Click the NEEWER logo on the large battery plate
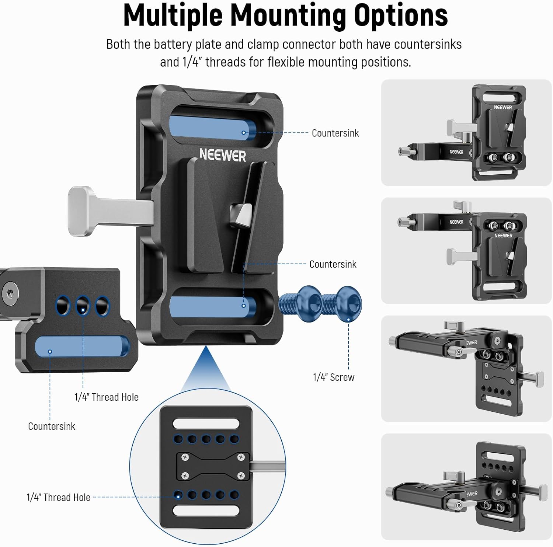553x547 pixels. pos(222,155)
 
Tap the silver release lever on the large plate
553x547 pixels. pos(88,211)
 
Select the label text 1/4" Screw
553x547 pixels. pos(333,377)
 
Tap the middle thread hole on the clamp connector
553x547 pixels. pos(83,306)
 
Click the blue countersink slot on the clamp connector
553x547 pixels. pos(81,346)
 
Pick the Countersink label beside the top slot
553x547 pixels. pos(335,133)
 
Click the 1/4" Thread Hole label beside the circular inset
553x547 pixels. pos(58,497)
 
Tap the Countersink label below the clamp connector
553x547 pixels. pos(52,426)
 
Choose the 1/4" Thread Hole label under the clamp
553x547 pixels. pos(107,397)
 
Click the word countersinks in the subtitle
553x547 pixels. pos(428,44)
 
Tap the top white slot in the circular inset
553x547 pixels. pos(206,423)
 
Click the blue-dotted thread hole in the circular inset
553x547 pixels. pos(178,495)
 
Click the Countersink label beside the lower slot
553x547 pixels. pos(333,264)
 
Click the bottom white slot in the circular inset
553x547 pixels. pos(206,511)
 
